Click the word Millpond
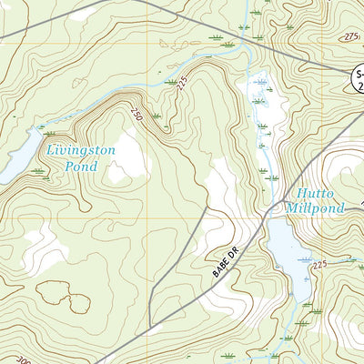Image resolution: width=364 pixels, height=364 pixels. pos(315,208)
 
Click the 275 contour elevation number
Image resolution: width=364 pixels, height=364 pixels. pos(351,35)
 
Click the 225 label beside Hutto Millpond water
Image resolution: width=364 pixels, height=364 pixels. pos(318,264)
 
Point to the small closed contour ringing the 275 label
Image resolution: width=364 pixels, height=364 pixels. pos(350,36)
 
